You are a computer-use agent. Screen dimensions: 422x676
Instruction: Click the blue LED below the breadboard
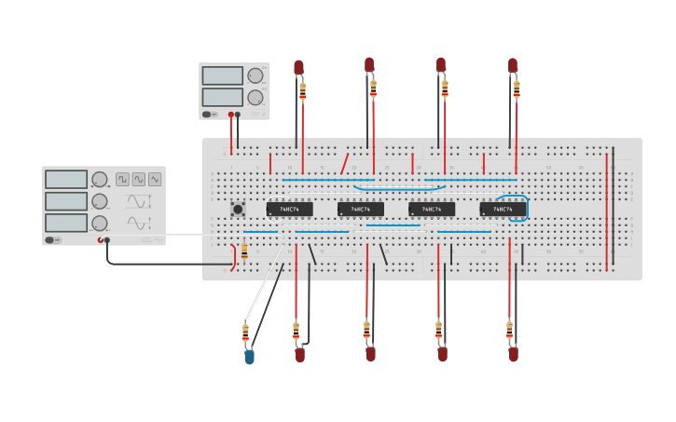249,356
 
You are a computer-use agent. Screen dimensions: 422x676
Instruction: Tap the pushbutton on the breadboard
238,210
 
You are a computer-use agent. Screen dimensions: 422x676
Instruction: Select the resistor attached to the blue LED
245,332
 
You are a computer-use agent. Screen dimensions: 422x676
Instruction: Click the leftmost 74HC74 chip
289,210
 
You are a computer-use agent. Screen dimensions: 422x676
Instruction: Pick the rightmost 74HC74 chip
502,210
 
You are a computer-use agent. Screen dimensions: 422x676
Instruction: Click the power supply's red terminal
231,115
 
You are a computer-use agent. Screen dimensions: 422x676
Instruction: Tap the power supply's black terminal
238,115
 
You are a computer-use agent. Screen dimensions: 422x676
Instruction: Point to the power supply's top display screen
222,75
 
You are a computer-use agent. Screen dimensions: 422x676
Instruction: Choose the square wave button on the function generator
123,179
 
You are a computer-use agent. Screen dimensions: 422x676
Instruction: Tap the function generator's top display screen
66,179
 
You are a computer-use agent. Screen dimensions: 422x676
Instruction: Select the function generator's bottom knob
100,224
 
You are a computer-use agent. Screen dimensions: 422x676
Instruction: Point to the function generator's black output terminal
107,239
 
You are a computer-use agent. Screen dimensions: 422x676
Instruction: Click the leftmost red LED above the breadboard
298,67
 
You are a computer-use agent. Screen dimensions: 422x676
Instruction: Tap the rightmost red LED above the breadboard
513,65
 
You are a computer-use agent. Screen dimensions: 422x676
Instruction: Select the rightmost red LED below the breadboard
513,354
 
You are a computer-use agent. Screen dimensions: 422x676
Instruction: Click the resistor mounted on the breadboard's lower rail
244,252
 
